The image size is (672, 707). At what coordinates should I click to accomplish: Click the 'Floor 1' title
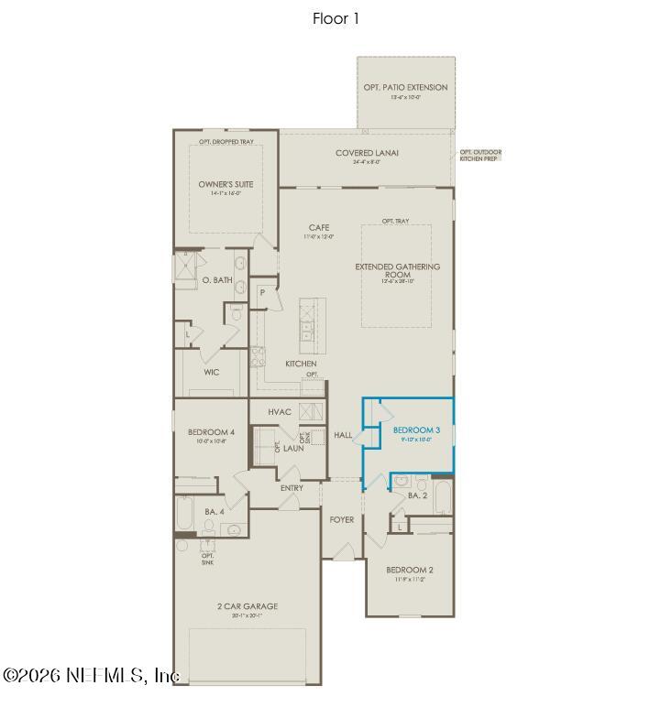tap(336, 18)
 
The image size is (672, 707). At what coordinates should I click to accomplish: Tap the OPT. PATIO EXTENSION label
tap(405, 88)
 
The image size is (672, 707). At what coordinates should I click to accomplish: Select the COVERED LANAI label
tap(367, 154)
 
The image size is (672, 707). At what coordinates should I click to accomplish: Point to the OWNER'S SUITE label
tap(226, 184)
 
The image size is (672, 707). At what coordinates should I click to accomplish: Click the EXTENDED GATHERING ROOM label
tap(398, 271)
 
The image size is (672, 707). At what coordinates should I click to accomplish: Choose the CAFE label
tap(319, 228)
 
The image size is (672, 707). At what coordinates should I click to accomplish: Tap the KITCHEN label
tap(301, 364)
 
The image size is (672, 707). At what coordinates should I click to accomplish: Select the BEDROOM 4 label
tap(212, 431)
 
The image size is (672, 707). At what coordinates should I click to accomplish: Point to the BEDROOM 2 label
tap(411, 570)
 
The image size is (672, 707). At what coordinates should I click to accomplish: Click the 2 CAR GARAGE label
tap(248, 606)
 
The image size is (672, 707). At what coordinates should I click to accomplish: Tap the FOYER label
tap(342, 519)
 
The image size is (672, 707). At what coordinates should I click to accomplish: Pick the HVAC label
tap(280, 412)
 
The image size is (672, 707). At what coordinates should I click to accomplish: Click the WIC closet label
tap(212, 373)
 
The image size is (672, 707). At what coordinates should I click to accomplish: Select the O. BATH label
tap(217, 279)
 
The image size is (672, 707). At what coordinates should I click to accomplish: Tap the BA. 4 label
tap(214, 511)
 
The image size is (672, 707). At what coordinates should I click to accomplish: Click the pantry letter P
tap(263, 292)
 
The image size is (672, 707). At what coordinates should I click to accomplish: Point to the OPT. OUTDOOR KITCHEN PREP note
tap(480, 155)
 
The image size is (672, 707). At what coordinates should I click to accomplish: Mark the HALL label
tap(343, 435)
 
